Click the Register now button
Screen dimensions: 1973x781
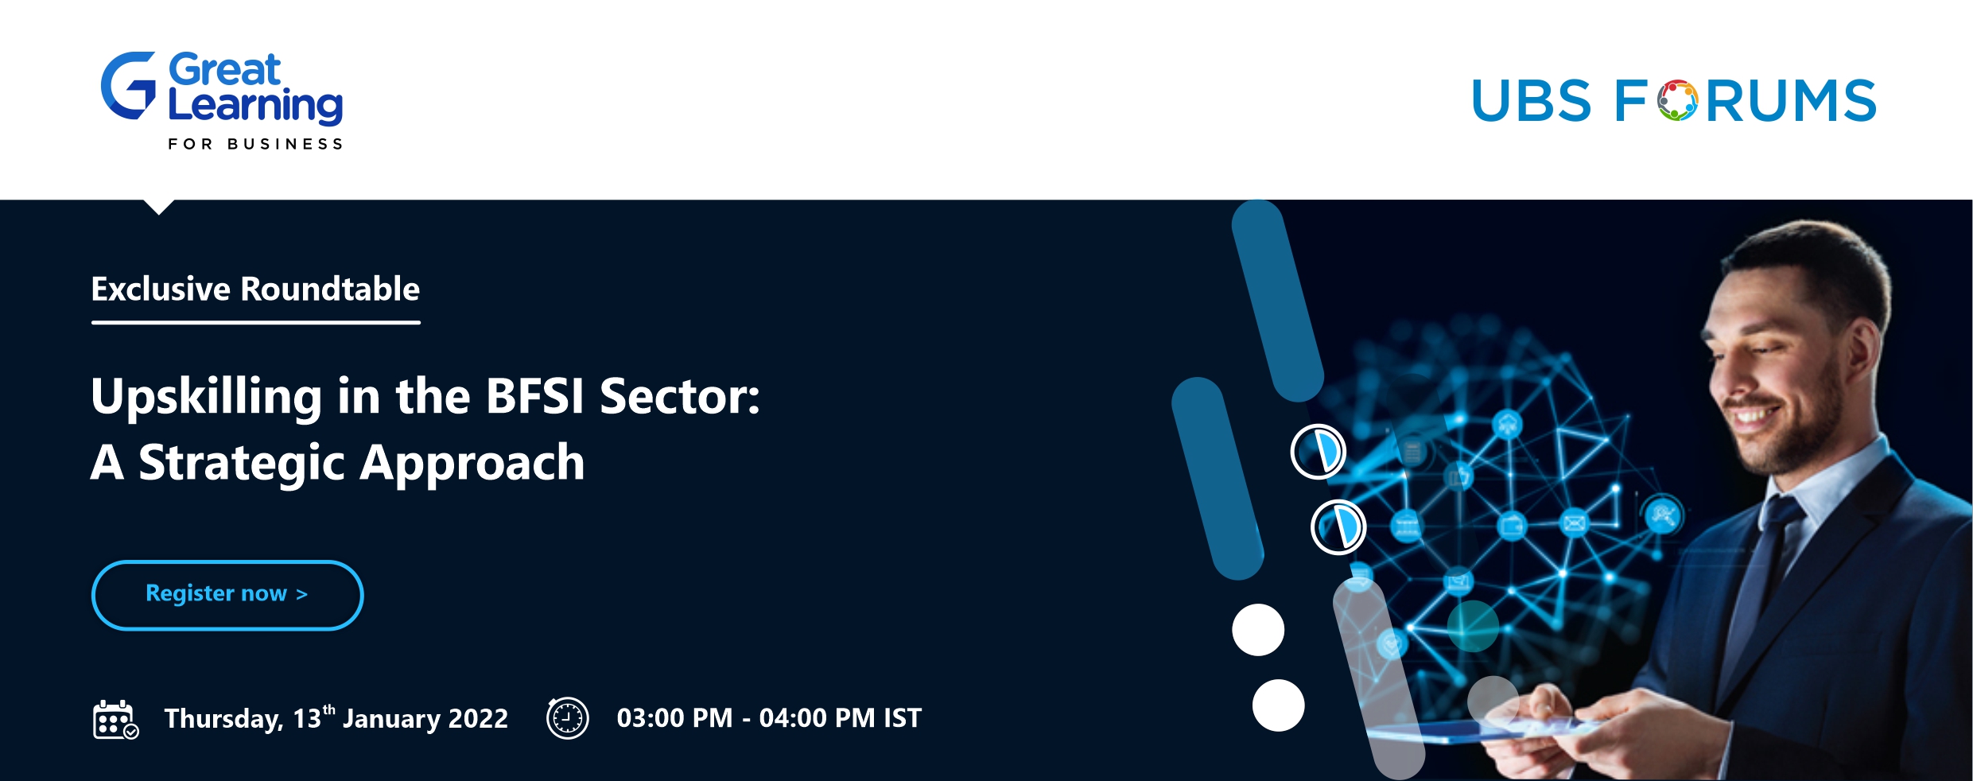227,595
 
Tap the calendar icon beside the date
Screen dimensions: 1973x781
115,720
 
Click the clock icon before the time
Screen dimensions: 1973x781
567,718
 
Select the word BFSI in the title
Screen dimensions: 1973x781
535,395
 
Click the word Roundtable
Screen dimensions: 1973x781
330,289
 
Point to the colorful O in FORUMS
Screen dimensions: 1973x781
1678,100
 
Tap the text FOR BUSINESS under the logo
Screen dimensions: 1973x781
255,144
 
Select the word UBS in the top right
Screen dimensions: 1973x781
1531,101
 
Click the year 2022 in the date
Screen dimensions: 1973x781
478,719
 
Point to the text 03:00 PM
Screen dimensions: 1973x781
674,718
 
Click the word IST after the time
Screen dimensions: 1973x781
902,718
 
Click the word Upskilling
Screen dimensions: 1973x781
207,397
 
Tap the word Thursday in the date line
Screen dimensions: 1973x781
223,720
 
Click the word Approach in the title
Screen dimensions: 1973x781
472,464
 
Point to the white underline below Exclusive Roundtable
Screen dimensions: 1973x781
256,322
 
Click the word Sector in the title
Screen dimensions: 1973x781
679,396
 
